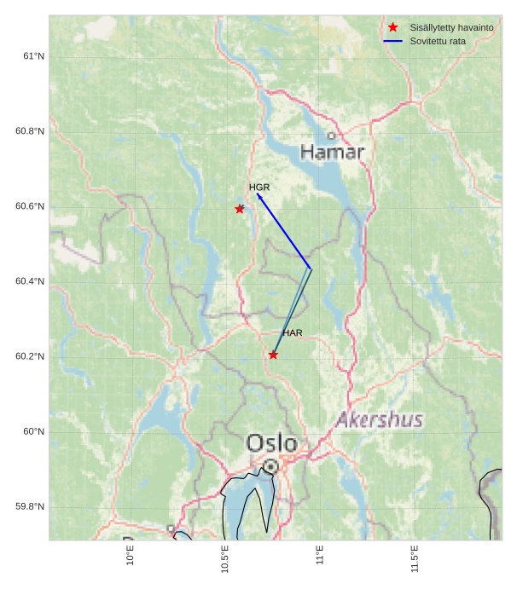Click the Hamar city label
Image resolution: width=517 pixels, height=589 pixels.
point(333,153)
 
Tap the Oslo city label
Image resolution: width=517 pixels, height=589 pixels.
point(272,443)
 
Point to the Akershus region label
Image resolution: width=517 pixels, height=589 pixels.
point(380,419)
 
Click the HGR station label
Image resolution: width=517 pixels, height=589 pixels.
point(259,187)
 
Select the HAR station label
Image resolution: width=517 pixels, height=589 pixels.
point(293,332)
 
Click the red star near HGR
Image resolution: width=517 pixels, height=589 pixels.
point(240,209)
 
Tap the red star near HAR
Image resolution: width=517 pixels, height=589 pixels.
point(273,355)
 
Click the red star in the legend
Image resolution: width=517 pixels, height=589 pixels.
point(392,27)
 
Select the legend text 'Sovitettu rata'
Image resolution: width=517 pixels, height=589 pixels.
point(438,41)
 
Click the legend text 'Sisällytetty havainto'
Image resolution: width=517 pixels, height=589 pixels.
point(451,27)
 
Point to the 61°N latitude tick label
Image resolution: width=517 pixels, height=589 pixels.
point(33,56)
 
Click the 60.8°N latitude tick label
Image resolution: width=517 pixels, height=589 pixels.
point(30,131)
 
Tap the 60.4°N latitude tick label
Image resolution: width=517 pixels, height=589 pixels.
point(30,281)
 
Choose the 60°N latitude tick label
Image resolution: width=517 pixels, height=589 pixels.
point(33,431)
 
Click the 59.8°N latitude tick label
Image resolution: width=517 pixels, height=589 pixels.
point(30,506)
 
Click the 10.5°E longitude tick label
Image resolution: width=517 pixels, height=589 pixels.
point(225,558)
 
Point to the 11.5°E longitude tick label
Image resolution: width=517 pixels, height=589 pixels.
point(415,558)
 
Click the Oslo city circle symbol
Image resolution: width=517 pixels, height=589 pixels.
point(270,466)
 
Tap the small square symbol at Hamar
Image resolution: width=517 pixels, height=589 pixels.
point(331,136)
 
